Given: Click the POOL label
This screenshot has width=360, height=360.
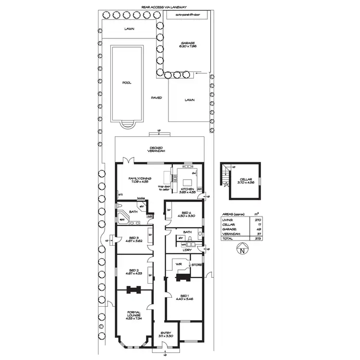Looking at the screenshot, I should click(127, 82).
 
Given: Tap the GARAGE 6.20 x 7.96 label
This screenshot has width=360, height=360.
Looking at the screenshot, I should click(188, 45).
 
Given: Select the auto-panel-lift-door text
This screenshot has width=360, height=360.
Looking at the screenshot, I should click(188, 14).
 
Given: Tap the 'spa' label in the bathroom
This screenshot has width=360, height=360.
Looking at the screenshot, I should click(122, 219).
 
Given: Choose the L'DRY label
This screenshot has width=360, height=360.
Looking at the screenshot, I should click(187, 250).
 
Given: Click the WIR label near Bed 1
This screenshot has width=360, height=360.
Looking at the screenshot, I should click(178, 264).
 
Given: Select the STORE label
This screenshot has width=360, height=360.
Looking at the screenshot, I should click(196, 264).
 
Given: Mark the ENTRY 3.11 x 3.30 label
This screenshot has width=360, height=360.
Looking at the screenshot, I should click(165, 335).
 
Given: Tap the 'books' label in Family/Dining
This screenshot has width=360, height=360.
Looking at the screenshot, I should click(141, 198).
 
